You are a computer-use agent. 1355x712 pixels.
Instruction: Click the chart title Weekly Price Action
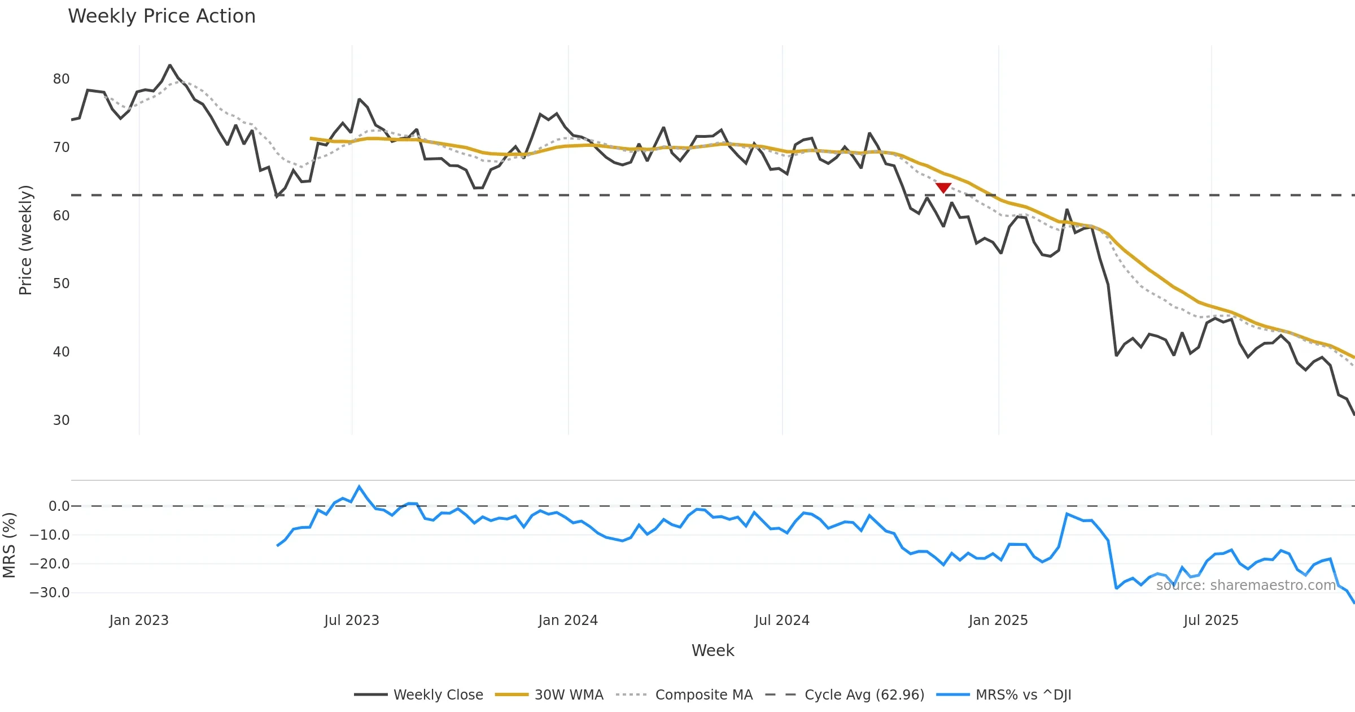pos(161,16)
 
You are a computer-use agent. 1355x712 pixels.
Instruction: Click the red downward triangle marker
pos(943,188)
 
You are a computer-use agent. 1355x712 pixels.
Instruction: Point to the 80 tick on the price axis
pos(61,79)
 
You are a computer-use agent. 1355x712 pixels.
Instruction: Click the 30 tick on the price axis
pos(61,420)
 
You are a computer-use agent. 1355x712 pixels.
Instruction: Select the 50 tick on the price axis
pos(61,284)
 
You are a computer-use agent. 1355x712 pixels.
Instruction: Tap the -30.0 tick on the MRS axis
pos(50,593)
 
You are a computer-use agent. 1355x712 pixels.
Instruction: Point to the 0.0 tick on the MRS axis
pos(59,506)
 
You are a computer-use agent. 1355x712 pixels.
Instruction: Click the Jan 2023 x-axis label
pos(139,620)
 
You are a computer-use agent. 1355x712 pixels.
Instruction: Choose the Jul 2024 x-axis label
pos(782,620)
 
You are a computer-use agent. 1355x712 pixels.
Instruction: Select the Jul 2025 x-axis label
pos(1211,620)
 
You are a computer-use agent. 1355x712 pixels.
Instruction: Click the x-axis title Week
pos(713,651)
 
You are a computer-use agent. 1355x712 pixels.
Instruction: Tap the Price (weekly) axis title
pos(25,240)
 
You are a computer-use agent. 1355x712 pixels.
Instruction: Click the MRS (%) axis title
pos(9,545)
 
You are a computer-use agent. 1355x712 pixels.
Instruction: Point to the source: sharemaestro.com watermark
pos(1245,585)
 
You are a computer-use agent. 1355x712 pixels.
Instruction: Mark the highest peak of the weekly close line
pos(170,66)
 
